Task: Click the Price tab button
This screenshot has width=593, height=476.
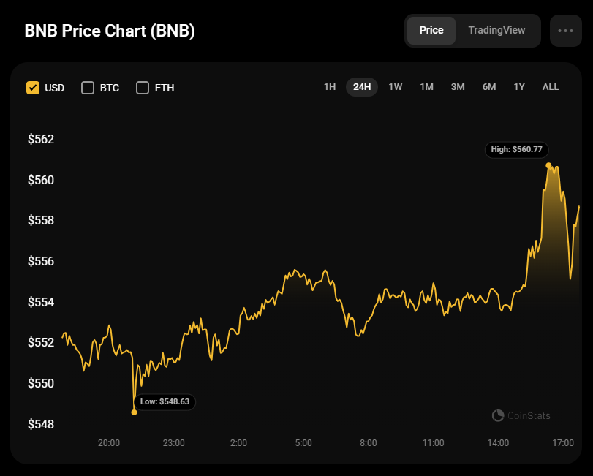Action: point(431,31)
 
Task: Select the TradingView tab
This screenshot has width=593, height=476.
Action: point(496,31)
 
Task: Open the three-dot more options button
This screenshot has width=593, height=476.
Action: point(566,31)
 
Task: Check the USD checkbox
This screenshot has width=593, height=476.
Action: point(33,88)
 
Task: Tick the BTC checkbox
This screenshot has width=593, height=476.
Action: point(88,88)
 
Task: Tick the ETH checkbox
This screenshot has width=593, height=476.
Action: point(143,88)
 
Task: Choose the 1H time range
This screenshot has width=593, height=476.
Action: point(330,87)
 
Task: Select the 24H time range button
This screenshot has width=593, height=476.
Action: point(362,87)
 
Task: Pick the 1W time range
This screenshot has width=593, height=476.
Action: point(395,87)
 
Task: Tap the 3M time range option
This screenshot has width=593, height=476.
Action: point(458,87)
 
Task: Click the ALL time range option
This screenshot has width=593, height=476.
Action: point(551,87)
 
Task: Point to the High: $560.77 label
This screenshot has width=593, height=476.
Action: point(517,149)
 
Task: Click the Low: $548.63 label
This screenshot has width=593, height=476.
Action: point(165,401)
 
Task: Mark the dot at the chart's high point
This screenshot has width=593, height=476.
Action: point(548,165)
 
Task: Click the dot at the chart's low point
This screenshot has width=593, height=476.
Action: point(134,412)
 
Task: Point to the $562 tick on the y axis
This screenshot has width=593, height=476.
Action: point(41,139)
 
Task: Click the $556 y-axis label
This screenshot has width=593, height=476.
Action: point(41,261)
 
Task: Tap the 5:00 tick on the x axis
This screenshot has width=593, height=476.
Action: point(303,442)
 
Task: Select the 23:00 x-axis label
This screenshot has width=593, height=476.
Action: point(173,442)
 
